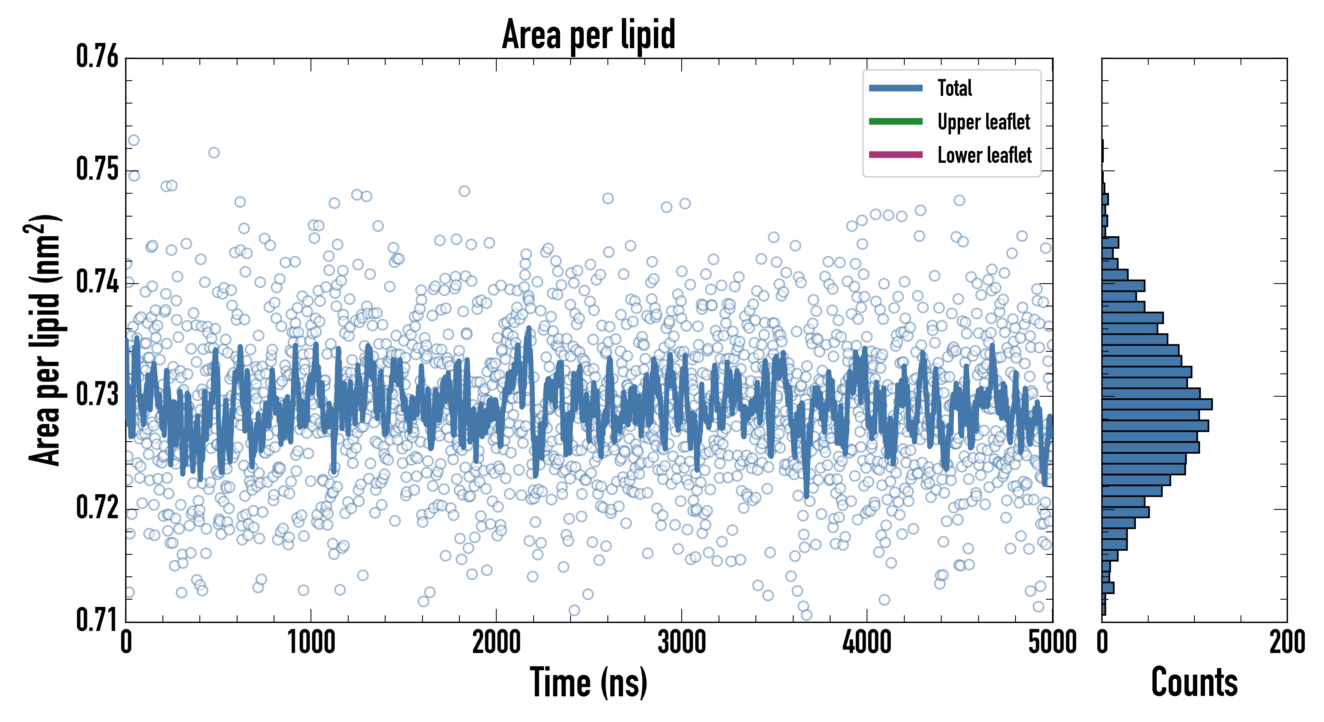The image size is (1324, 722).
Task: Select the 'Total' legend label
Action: coord(954,88)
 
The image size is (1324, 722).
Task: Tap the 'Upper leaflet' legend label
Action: coord(983,122)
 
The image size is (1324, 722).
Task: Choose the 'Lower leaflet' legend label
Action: coord(984,155)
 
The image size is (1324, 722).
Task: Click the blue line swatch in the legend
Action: coord(896,88)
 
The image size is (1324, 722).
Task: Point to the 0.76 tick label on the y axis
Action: coord(97,57)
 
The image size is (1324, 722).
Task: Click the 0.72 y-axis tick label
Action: coord(97,508)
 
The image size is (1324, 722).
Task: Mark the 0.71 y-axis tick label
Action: coord(97,620)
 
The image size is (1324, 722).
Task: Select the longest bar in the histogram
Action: coord(1156,404)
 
